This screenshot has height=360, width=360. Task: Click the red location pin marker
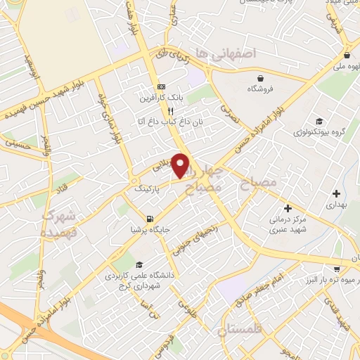[x=181, y=165]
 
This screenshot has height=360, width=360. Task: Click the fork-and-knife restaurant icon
[x=169, y=111]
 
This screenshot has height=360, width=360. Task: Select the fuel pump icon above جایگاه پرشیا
[x=149, y=219]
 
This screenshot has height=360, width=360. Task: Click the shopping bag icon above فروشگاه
[x=261, y=78]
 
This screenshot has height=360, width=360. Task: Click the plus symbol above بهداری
[x=337, y=193]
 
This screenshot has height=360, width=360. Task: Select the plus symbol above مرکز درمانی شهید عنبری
[x=288, y=208]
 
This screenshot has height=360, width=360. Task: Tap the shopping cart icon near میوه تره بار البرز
[x=337, y=268]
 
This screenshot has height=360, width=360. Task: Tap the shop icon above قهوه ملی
[x=347, y=55]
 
